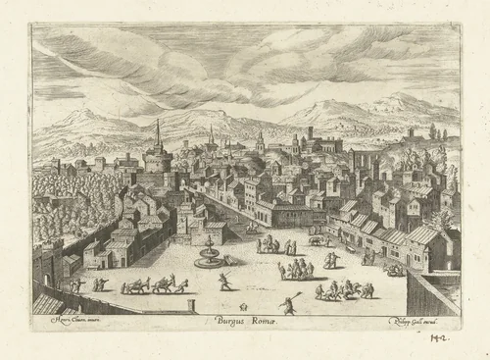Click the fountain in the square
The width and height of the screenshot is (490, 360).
coord(208,253)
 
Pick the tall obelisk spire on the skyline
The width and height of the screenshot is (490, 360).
coord(157,133)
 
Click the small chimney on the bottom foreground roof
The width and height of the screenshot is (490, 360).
coord(191,307)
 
